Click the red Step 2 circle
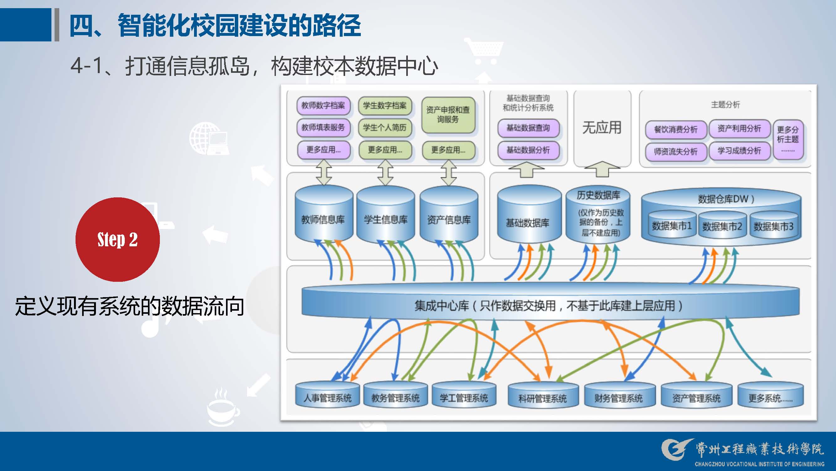[118, 239]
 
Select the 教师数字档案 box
[323, 105]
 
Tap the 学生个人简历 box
[385, 128]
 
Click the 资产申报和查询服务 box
[448, 115]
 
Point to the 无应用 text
[602, 127]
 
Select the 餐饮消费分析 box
[676, 130]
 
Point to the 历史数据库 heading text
[598, 195]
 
